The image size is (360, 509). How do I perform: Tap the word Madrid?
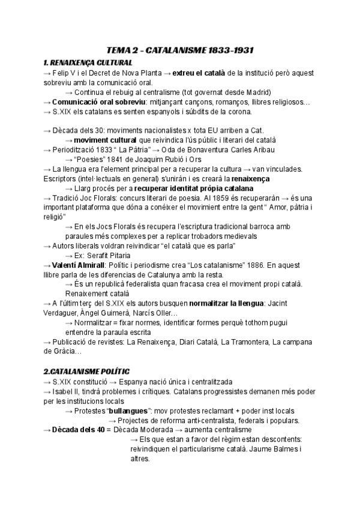pyautogui.click(x=258, y=92)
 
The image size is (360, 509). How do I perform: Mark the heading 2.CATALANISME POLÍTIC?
pyautogui.click(x=86, y=372)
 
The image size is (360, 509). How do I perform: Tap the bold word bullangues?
pyautogui.click(x=127, y=411)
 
